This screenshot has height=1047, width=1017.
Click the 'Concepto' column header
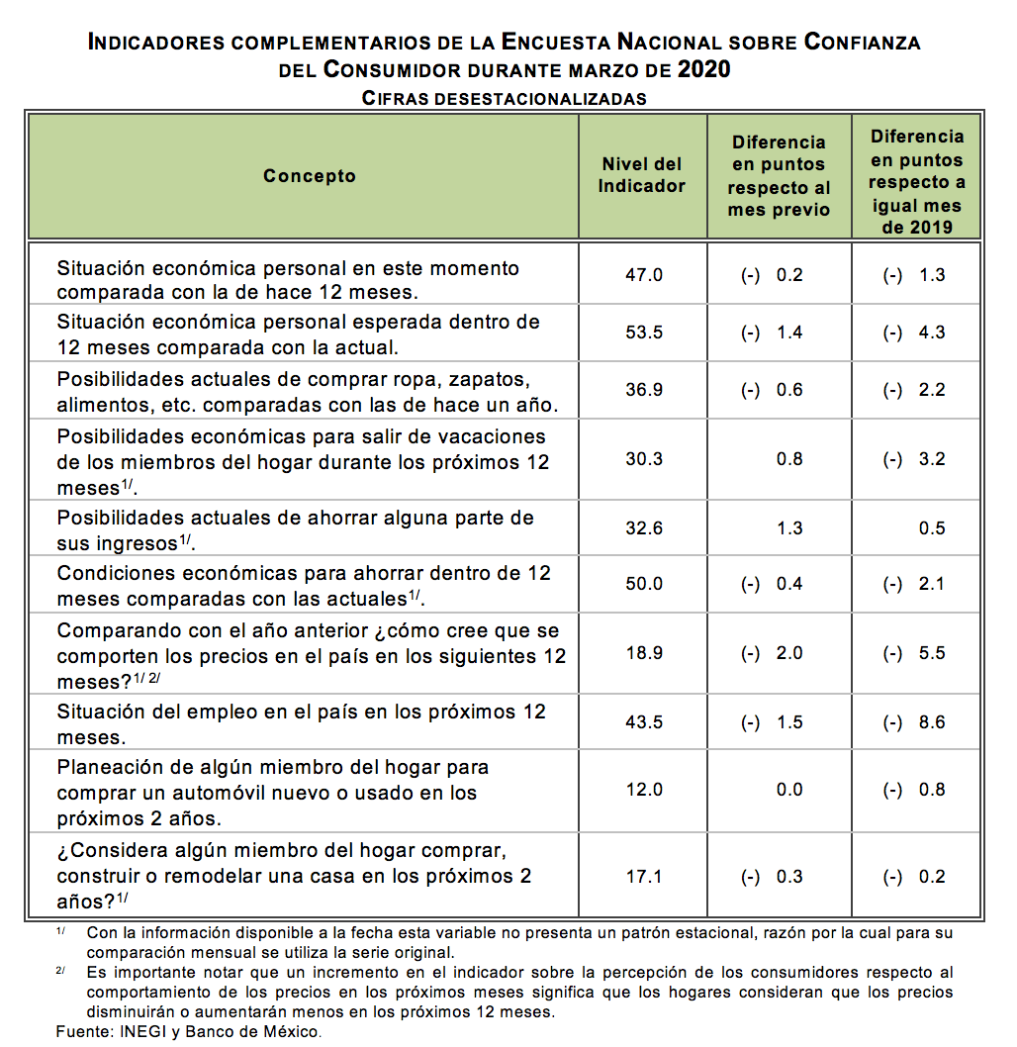point(309,176)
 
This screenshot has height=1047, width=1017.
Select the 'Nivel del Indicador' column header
point(641,175)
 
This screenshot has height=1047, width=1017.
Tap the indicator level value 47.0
point(644,275)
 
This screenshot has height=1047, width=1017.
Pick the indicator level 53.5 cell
point(644,333)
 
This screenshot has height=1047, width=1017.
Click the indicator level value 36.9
point(644,390)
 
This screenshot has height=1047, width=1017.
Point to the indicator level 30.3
point(644,459)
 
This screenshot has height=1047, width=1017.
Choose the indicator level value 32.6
point(644,528)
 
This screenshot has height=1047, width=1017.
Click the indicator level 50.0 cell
point(644,584)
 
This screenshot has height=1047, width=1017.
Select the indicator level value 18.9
point(644,653)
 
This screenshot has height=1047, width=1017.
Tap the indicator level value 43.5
point(644,722)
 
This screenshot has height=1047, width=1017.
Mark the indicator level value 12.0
point(644,790)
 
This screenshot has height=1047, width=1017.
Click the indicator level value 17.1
point(644,877)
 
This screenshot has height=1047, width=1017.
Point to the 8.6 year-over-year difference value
point(932,722)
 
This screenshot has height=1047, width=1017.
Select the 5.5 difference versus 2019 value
point(932,653)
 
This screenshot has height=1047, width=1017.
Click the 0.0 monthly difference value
point(789,790)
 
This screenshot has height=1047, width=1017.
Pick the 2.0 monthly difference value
point(789,653)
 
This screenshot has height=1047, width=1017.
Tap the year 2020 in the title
point(704,69)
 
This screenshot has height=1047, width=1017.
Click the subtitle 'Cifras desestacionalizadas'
point(505,98)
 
